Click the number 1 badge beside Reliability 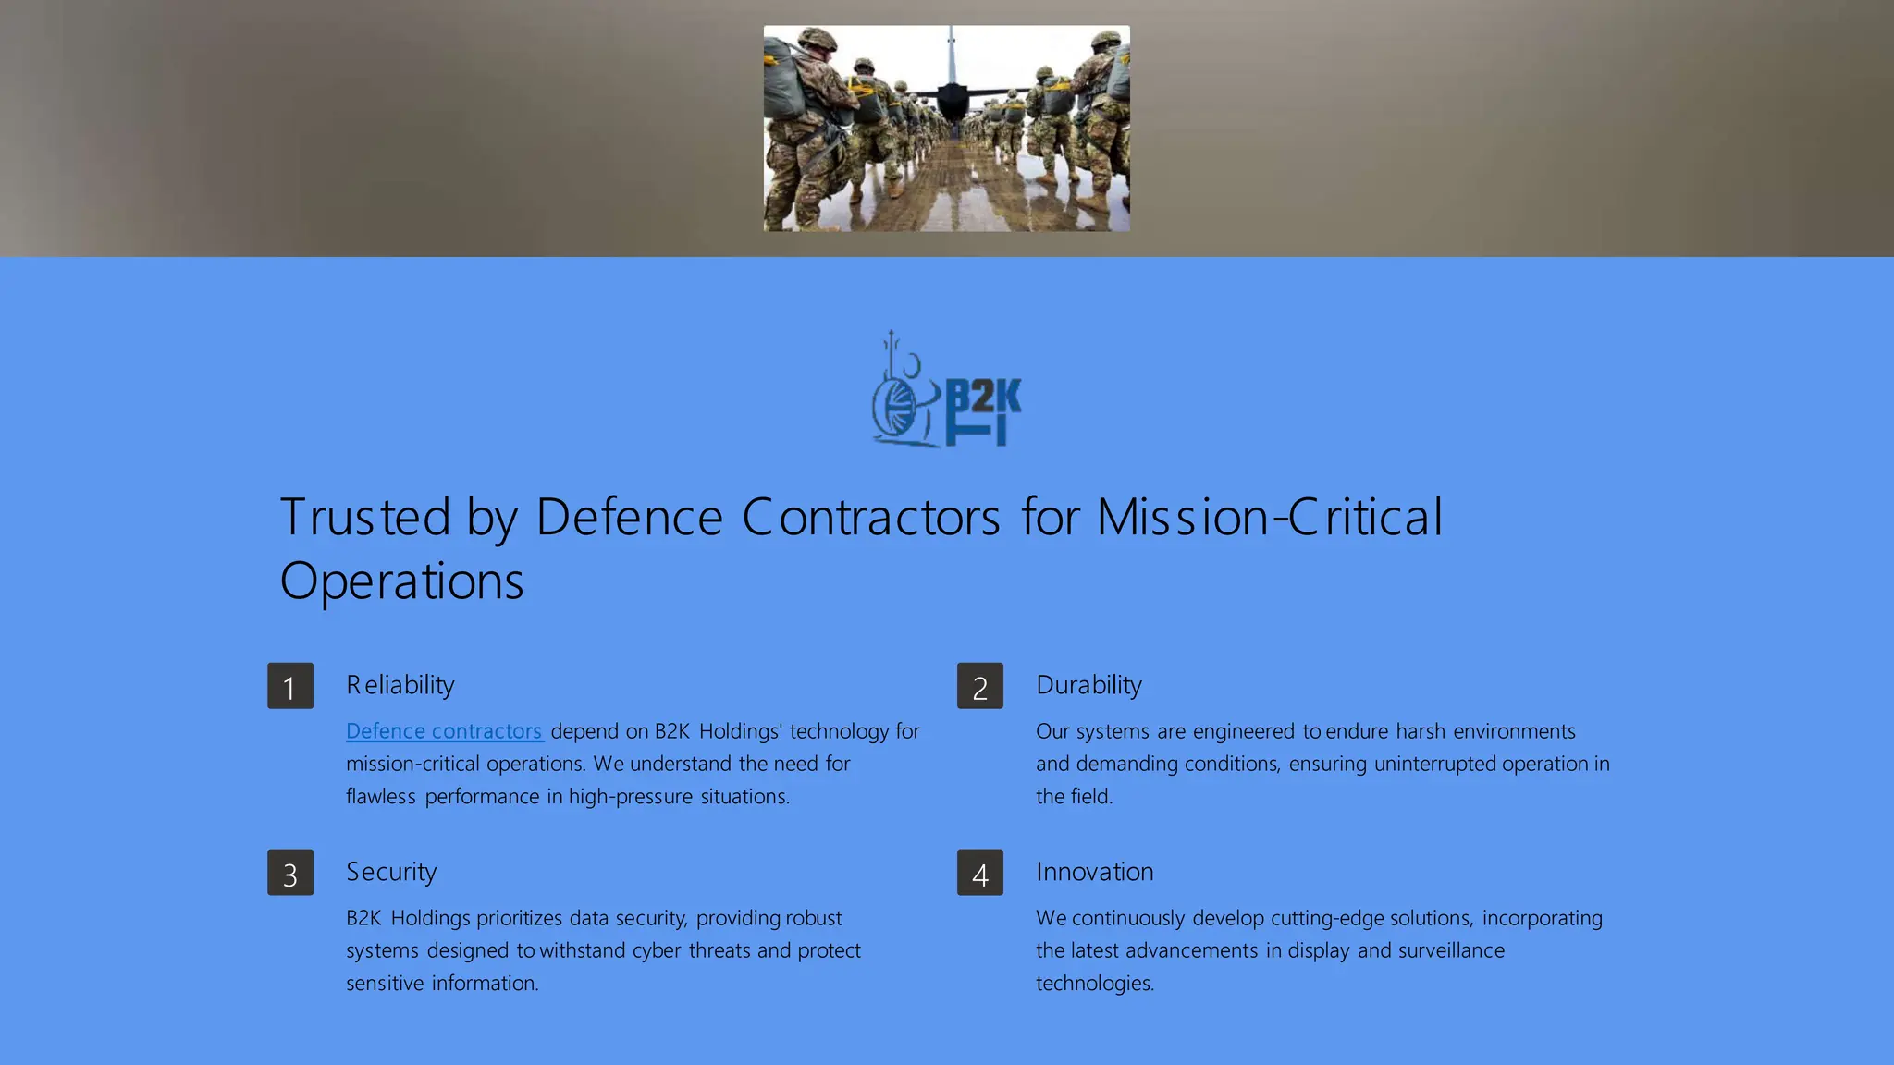[x=290, y=686]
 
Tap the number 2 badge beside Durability [x=980, y=686]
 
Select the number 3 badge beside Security [x=290, y=873]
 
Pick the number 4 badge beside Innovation [x=980, y=873]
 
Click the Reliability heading [x=400, y=685]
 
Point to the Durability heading [x=1088, y=685]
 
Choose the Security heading [x=391, y=872]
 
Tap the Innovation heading [x=1095, y=872]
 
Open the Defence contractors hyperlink [x=444, y=731]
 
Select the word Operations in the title [x=401, y=581]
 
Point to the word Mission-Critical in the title [x=1269, y=517]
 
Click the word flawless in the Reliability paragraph [x=380, y=797]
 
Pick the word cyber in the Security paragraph [x=658, y=951]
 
